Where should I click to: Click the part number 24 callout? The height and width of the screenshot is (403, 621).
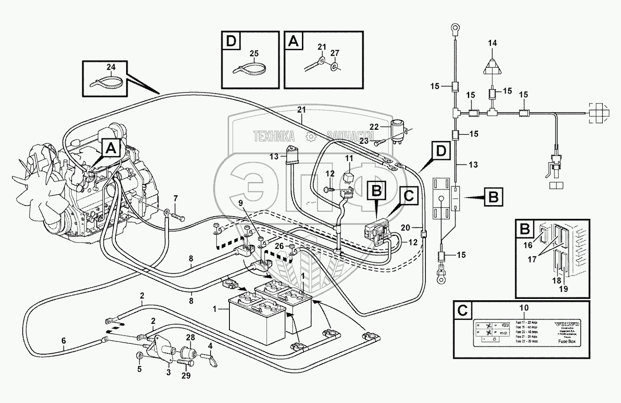[111, 67]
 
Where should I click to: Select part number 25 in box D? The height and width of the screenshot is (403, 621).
[254, 54]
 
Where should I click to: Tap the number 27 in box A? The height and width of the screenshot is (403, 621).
[335, 53]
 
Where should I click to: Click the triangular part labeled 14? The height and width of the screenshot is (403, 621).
[492, 67]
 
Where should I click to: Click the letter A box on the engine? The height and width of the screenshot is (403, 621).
[111, 149]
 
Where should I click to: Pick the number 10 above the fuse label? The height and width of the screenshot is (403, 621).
[524, 308]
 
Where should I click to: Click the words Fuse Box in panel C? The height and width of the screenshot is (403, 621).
[567, 341]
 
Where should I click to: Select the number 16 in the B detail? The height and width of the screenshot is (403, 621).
[528, 245]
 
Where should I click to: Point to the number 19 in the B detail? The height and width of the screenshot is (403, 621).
[564, 289]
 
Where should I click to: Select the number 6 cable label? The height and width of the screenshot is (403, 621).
[63, 341]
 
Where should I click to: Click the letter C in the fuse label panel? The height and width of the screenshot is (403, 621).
[463, 310]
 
